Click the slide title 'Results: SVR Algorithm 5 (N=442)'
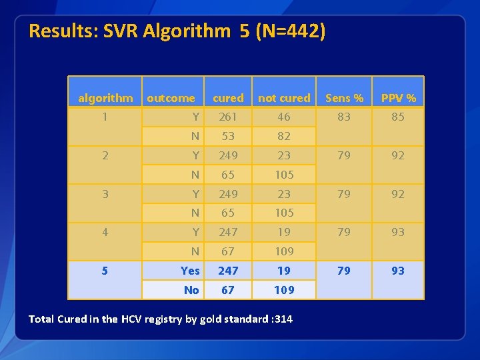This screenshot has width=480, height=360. (177, 31)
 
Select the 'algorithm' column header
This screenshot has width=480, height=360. (105, 98)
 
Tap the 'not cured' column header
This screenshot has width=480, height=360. (284, 98)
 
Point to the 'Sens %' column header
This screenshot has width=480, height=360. (344, 98)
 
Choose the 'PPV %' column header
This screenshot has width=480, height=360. (398, 98)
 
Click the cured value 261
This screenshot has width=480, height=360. (228, 117)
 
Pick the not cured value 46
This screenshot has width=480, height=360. (284, 117)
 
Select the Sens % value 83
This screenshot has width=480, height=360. (344, 117)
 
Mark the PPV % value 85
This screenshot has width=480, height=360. (398, 117)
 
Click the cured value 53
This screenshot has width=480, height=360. (228, 136)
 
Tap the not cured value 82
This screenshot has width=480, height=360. (284, 136)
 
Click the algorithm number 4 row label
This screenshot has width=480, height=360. (105, 232)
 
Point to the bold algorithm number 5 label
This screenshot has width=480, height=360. (105, 271)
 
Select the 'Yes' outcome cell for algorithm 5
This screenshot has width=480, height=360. (190, 271)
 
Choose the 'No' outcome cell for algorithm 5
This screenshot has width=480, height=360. (191, 290)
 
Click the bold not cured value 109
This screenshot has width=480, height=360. (284, 290)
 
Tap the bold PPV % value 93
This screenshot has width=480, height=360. (398, 271)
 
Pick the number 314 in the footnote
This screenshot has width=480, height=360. (283, 319)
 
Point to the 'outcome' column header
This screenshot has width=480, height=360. (171, 98)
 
